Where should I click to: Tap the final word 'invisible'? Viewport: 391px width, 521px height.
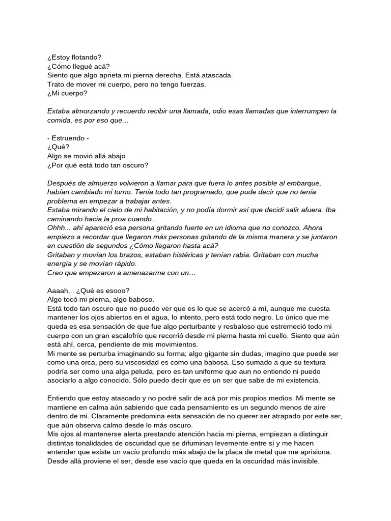[302, 461]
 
